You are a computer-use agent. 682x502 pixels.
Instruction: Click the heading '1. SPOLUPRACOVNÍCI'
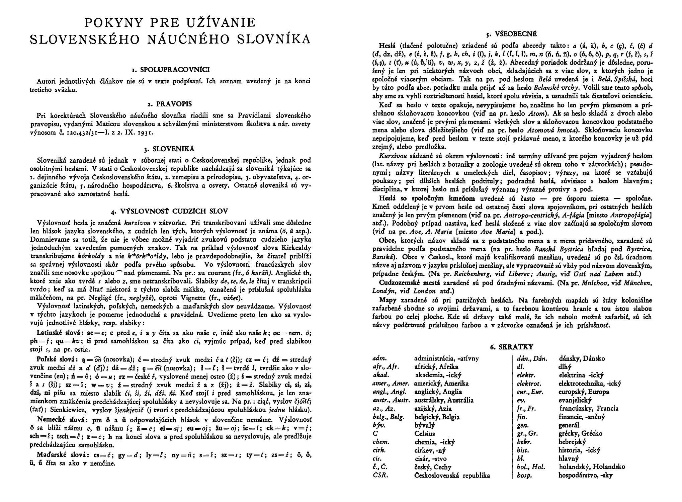[x=170, y=70]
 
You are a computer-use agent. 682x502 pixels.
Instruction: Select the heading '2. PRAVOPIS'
[x=170, y=104]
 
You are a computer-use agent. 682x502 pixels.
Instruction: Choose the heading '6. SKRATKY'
[x=512, y=347]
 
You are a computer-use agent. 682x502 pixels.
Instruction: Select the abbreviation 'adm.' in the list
[x=379, y=359]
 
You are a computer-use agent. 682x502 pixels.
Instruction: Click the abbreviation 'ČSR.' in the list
[x=380, y=476]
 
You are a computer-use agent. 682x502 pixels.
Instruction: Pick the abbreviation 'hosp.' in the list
[x=524, y=476]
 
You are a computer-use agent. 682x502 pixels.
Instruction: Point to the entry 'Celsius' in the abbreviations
[x=424, y=434]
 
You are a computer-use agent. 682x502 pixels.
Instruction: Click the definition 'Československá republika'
[x=452, y=476]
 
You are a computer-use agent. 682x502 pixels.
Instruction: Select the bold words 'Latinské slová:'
[x=58, y=333]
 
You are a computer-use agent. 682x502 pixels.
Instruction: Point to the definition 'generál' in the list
[x=569, y=426]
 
